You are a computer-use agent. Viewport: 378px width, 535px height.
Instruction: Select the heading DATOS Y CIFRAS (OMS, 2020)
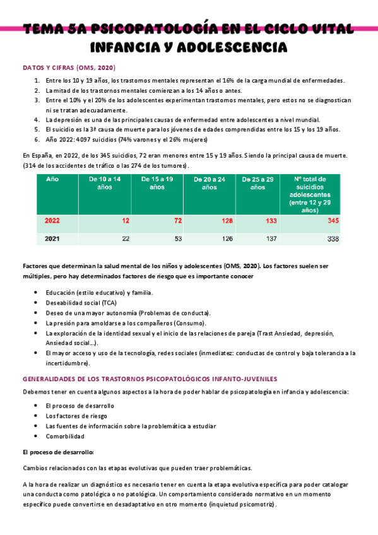69,67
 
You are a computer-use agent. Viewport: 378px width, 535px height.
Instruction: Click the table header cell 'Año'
53,179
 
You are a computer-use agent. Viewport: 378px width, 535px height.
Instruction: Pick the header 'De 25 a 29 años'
257,183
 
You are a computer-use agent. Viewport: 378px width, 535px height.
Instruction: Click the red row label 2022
53,221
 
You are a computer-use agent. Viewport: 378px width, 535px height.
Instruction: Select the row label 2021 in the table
53,238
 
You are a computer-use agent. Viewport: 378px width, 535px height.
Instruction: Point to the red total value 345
333,221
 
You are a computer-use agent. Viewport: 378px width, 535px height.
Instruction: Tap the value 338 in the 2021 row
333,238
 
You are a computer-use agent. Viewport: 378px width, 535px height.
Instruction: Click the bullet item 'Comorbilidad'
65,436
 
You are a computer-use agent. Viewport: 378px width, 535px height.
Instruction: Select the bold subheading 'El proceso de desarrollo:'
58,452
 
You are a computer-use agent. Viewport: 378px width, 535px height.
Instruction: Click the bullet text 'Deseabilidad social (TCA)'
85,303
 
